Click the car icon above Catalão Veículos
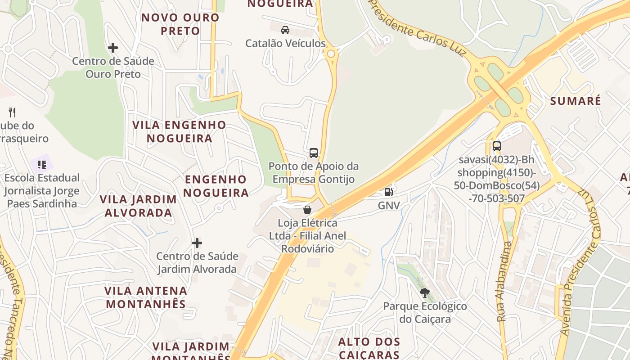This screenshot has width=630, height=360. coord(285,30)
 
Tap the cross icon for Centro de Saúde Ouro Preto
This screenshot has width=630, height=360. coord(113,47)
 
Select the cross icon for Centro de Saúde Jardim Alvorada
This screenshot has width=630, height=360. coord(197,243)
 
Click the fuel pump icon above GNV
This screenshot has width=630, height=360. coord(388,192)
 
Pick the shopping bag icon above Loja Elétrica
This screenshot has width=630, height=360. coord(307,209)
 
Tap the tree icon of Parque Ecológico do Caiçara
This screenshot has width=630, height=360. coord(424,293)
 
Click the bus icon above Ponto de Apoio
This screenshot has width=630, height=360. coord(314,153)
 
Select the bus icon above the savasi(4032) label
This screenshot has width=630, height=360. coord(496,146)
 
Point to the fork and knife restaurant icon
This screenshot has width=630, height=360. coord(12,112)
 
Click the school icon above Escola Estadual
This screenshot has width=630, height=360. coord(42,165)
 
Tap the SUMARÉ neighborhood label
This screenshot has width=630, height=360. coord(575,101)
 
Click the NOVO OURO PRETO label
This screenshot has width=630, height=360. coord(180,24)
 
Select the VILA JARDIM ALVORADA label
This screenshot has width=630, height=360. coord(138,206)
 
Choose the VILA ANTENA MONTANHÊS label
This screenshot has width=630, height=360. coord(146,297)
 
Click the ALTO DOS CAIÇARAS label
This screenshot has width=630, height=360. coord(369,348)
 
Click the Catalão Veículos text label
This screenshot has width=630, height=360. coord(285,44)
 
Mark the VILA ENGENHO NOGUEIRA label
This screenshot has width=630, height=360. coord(179,131)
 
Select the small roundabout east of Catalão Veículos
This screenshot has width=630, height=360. coord(331,54)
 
